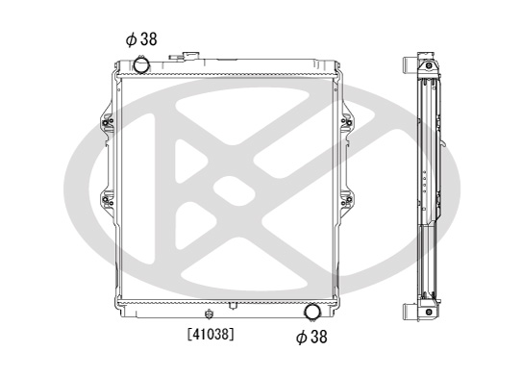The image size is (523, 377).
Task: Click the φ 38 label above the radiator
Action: (141, 39)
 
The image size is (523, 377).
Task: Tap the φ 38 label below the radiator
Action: (311, 337)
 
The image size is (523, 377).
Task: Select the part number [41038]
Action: (211, 334)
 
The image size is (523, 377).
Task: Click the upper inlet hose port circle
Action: (141, 64)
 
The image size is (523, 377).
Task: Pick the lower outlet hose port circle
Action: (312, 312)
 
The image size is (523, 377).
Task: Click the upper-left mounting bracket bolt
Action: (105, 122)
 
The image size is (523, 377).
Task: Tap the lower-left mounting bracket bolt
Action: (105, 199)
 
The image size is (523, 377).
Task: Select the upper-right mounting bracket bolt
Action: (349, 122)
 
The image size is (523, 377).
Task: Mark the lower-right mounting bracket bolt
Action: (349, 199)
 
